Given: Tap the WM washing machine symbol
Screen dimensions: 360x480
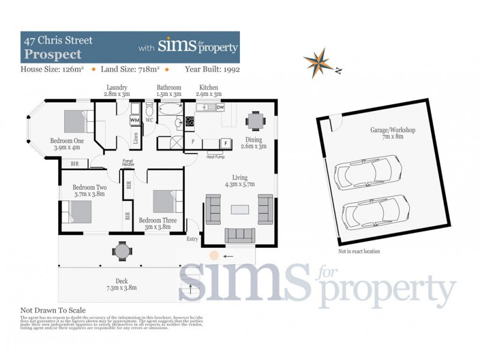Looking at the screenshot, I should tap(135, 120).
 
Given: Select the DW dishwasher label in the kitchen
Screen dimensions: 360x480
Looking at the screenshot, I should tap(220, 107).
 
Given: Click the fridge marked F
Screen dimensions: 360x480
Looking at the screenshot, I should tap(225, 143).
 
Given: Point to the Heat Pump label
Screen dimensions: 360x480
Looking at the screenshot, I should tap(215, 157).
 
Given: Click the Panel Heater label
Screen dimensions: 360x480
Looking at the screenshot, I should tap(127, 163).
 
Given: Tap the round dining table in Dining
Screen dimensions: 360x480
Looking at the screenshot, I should tap(256, 121).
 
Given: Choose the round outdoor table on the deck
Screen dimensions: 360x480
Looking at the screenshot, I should tap(122, 250).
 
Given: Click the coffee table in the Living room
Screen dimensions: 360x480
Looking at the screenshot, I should tap(239, 210).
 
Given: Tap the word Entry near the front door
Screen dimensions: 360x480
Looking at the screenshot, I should tap(192, 239).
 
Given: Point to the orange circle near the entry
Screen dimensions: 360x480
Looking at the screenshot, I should tap(214, 256).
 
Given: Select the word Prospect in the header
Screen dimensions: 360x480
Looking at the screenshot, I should tap(52, 55).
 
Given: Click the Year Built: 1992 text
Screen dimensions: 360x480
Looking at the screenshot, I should tap(211, 70).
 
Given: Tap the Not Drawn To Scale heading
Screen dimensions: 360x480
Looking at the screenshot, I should tap(53, 310).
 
